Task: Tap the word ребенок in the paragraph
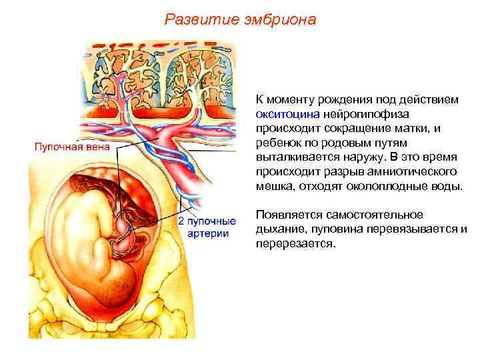(277, 143)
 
